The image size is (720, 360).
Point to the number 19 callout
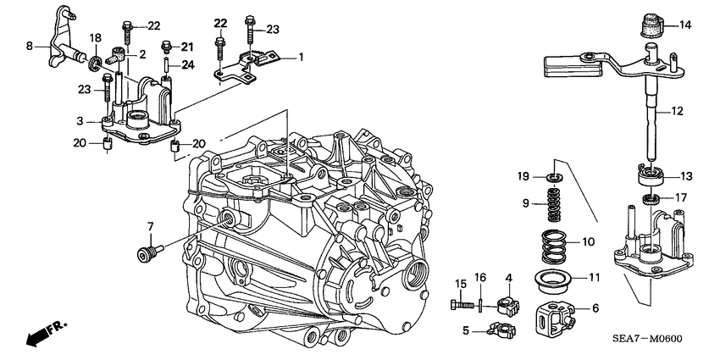click(524, 176)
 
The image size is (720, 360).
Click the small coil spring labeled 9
click(551, 204)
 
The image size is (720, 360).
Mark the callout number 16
click(479, 277)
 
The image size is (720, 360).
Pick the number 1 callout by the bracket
click(298, 57)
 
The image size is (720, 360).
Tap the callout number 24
click(188, 64)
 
